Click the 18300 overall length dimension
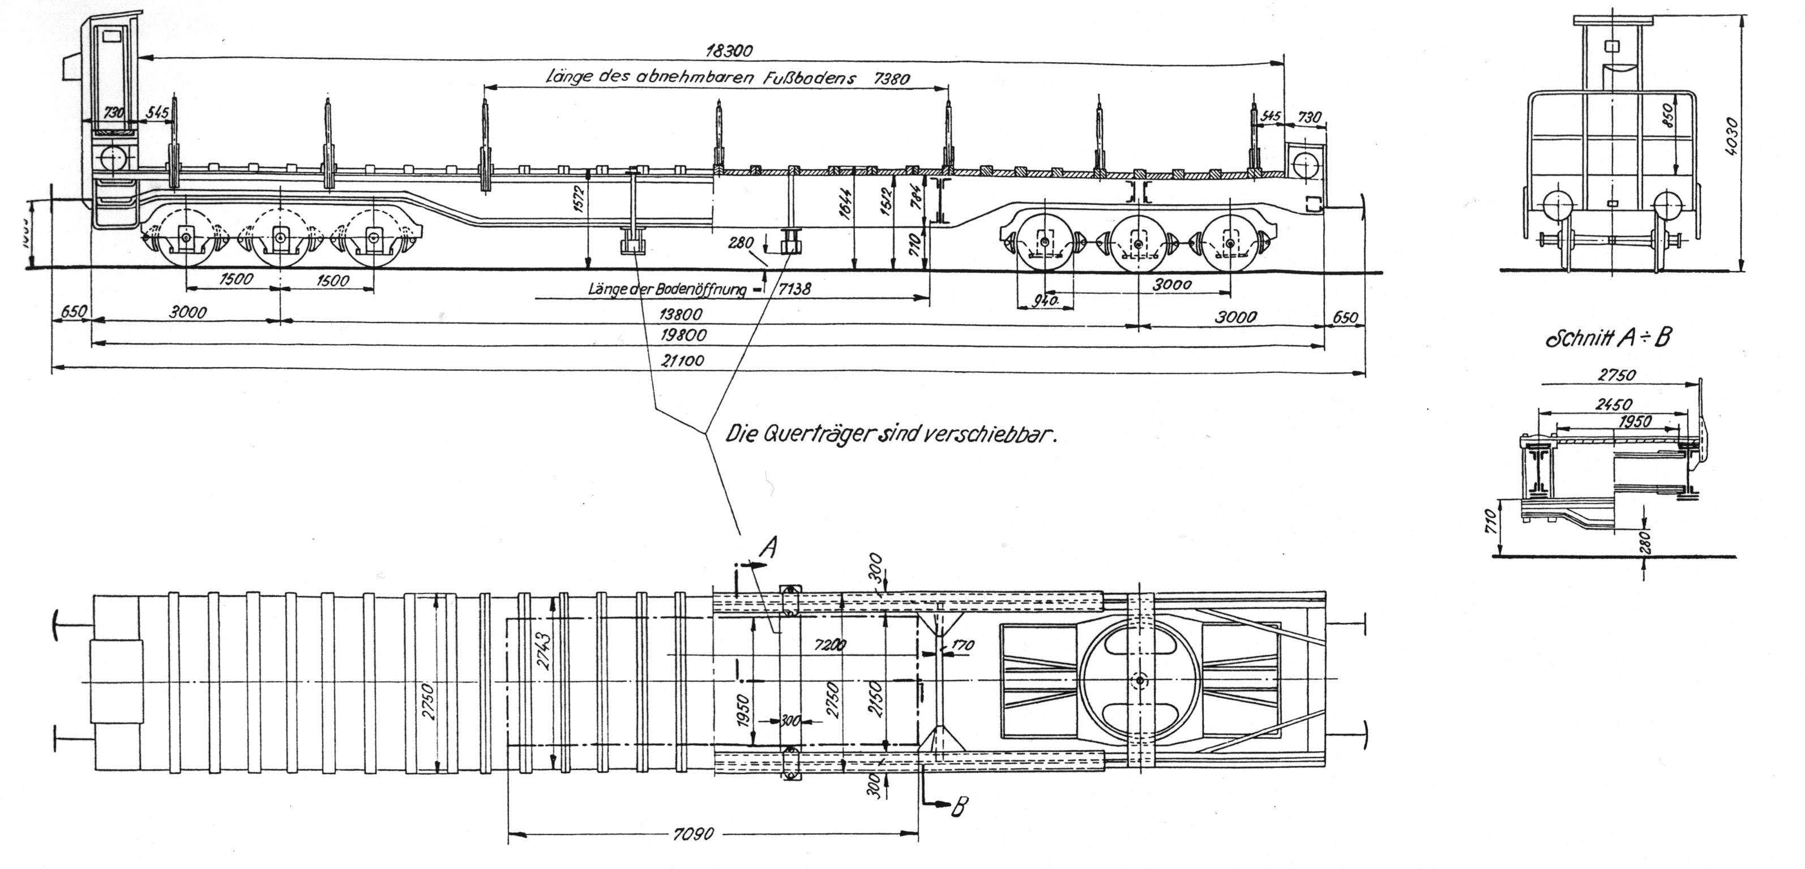pyautogui.click(x=729, y=50)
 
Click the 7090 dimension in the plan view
pyautogui.click(x=692, y=834)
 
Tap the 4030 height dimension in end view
pyautogui.click(x=1731, y=145)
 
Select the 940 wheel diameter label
pyautogui.click(x=1045, y=300)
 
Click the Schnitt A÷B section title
pyautogui.click(x=1607, y=338)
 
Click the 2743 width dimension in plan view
pyautogui.click(x=545, y=651)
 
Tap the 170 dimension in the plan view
pyautogui.click(x=962, y=645)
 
